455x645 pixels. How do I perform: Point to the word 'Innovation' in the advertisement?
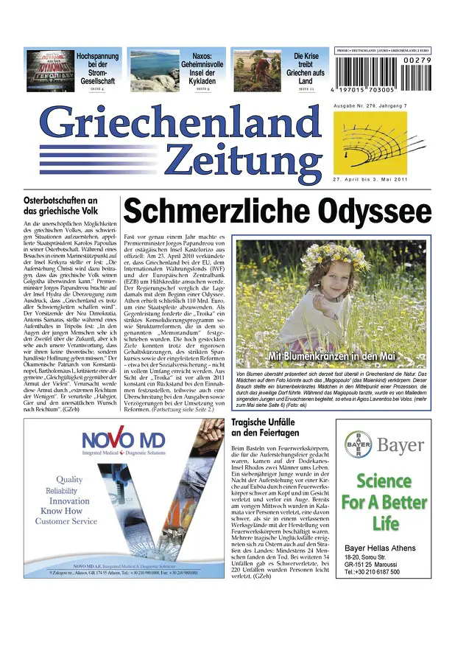click(x=80, y=501)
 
